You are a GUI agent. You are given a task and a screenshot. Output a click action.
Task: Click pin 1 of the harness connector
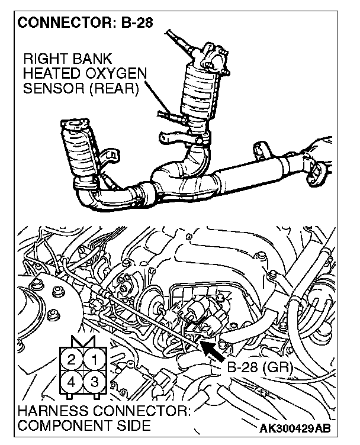[x=94, y=359]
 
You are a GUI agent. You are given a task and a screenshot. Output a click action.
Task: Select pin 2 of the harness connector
[x=72, y=359]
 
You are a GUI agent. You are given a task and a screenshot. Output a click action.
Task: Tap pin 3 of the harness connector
[x=94, y=381]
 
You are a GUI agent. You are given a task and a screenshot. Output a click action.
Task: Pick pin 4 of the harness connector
[x=72, y=381]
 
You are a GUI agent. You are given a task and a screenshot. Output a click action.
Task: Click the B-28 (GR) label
[x=258, y=367]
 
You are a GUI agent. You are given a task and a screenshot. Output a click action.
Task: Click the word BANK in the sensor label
[x=94, y=59]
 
